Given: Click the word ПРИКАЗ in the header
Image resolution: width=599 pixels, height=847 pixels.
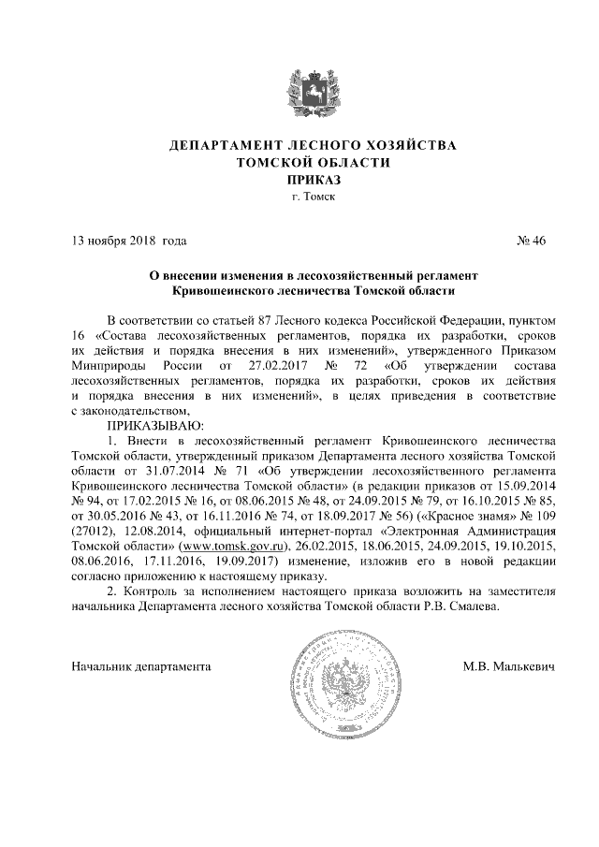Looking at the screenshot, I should [x=299, y=180].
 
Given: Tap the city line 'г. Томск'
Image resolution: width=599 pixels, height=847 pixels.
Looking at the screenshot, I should [x=299, y=197].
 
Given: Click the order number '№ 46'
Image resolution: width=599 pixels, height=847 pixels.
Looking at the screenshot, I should [x=531, y=241].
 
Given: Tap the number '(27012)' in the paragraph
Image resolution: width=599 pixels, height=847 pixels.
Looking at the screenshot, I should [x=93, y=530].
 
